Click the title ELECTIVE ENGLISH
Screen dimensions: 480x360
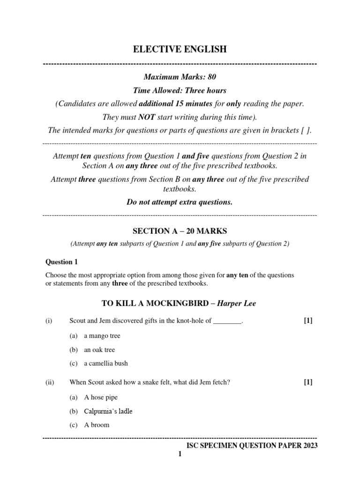click(x=180, y=49)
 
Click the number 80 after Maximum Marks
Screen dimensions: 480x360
click(x=210, y=77)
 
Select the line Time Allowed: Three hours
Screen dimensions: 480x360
click(x=180, y=90)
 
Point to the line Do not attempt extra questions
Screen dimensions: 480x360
click(x=180, y=202)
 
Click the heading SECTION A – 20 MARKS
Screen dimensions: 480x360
click(x=180, y=231)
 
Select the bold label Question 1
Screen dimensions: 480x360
click(x=59, y=262)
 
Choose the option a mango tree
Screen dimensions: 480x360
click(x=102, y=336)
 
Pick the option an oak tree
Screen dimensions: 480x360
click(x=99, y=350)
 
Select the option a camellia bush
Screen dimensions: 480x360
click(x=105, y=363)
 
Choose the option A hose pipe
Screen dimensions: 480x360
click(x=100, y=397)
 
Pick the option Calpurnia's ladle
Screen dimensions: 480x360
click(x=108, y=411)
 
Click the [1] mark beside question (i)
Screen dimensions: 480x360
click(x=308, y=321)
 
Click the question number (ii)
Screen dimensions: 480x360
click(x=50, y=382)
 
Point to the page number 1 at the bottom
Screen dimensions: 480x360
click(x=179, y=454)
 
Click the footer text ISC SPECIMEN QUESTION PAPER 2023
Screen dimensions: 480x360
click(x=252, y=446)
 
